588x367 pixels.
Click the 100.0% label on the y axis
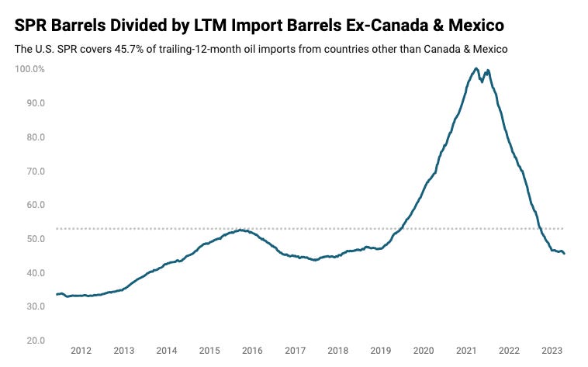click(x=29, y=69)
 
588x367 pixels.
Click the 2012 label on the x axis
click(x=81, y=351)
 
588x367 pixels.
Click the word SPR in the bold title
click(x=33, y=26)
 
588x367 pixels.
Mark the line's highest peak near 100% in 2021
click(x=476, y=69)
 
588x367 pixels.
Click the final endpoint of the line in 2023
click(x=564, y=254)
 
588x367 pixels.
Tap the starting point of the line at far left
click(x=57, y=294)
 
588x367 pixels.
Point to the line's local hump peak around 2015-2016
click(x=242, y=230)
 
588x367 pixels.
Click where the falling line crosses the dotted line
click(x=539, y=229)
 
